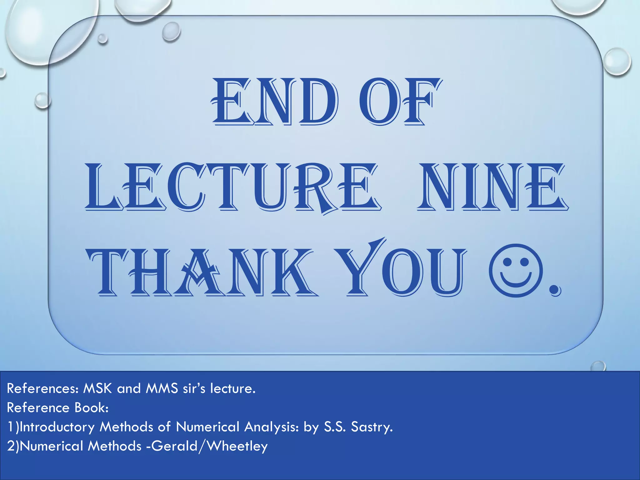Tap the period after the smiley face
pos(555,291)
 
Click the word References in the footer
pos(42,388)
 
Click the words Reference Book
pos(58,407)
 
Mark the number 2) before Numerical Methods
pos(13,446)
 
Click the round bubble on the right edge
pos(617,62)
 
